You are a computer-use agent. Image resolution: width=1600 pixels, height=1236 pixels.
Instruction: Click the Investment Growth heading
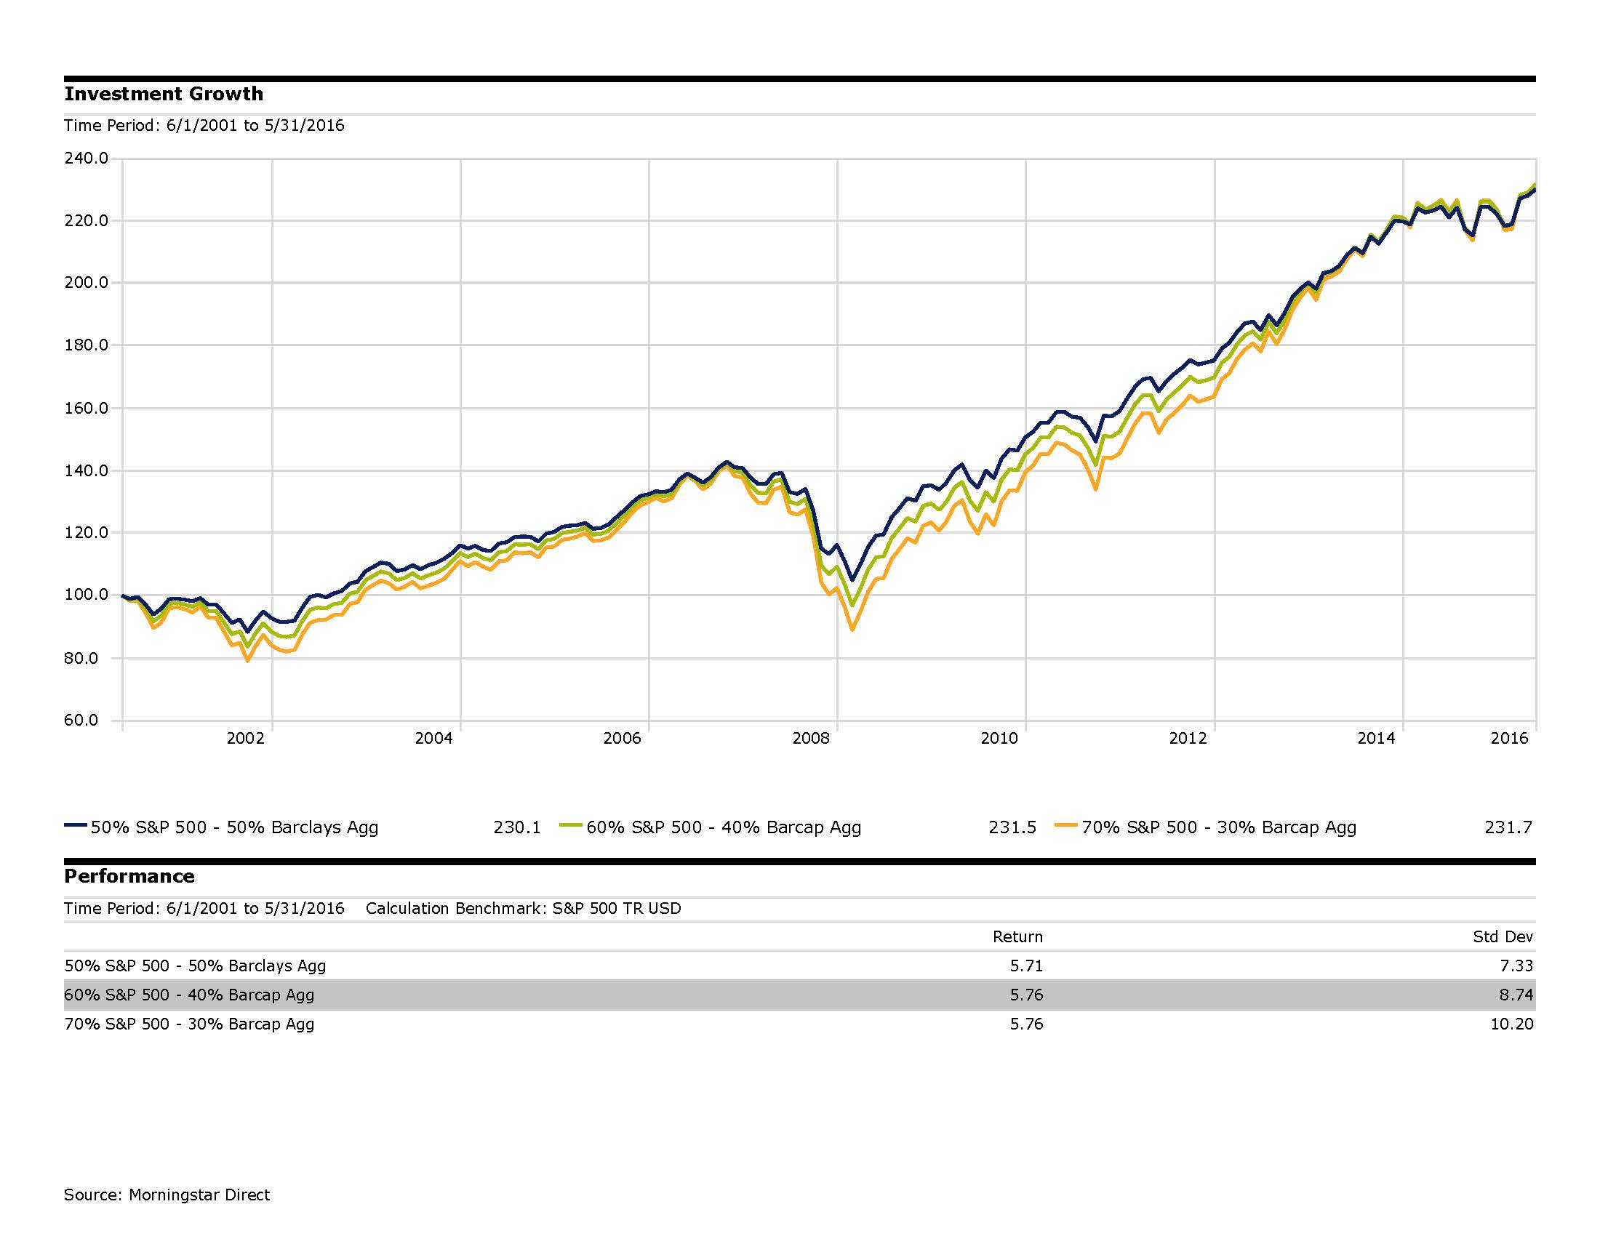(164, 95)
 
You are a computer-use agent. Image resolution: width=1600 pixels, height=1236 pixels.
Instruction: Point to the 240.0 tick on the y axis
(87, 158)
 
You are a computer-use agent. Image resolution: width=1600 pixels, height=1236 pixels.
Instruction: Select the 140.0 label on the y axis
(87, 470)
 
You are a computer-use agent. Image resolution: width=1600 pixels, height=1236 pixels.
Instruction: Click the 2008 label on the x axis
(810, 738)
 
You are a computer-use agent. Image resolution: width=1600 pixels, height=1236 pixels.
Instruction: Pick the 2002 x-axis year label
(244, 738)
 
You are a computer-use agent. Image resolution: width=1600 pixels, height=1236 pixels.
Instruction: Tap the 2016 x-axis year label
(1509, 738)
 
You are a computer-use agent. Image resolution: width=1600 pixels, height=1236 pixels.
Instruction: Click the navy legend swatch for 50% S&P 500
(76, 825)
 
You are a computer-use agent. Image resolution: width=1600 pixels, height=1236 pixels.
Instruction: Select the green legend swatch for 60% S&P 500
(571, 825)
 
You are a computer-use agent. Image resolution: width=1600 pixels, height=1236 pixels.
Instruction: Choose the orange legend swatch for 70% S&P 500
(1066, 825)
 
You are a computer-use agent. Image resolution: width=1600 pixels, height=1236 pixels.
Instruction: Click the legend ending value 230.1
(516, 827)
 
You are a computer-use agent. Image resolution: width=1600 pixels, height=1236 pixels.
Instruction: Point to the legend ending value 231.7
(1508, 827)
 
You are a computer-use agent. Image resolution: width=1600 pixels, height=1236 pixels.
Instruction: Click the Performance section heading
(129, 877)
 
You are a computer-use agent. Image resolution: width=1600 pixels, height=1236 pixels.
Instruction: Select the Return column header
(1017, 936)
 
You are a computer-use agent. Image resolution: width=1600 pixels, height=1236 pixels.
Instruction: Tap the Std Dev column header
(1503, 936)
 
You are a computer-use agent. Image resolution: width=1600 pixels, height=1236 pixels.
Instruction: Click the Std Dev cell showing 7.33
(1516, 966)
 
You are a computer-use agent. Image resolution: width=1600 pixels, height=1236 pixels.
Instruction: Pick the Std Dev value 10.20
(1511, 1024)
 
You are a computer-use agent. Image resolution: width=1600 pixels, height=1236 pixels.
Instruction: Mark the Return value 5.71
(1026, 966)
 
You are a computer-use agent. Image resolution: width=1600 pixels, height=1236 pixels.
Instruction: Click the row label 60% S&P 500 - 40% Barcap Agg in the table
(189, 995)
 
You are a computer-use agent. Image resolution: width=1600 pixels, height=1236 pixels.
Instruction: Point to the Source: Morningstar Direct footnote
(167, 1195)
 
